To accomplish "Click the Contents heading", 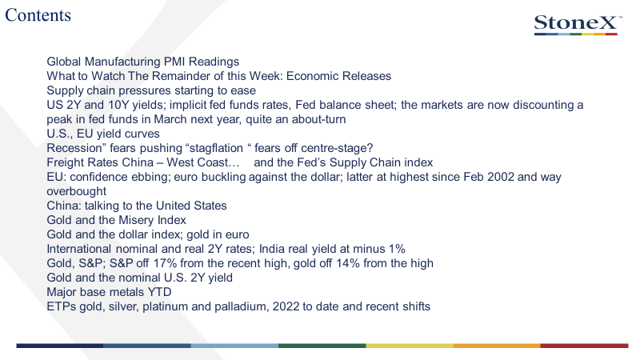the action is tap(38, 15).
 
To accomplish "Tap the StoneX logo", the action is tap(578, 25).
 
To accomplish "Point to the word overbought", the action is tap(76, 191).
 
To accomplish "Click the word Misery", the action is tap(134, 220).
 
